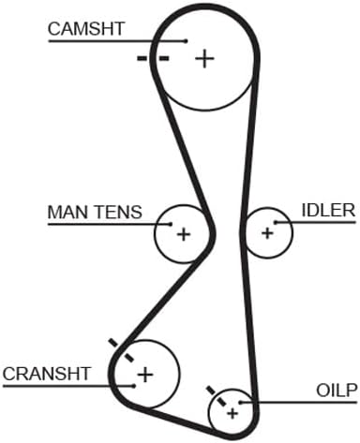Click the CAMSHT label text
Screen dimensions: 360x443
(x=86, y=28)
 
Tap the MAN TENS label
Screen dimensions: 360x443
(x=95, y=212)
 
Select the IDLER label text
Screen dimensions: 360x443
(x=328, y=210)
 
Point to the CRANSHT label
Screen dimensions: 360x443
(x=47, y=374)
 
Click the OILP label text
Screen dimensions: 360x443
(x=337, y=391)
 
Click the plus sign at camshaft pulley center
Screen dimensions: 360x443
(x=204, y=58)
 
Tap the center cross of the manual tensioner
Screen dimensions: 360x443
(x=184, y=234)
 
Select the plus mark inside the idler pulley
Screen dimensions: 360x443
(x=267, y=233)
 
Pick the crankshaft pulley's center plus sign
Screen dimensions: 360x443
(x=145, y=375)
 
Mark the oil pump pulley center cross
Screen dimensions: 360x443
(x=232, y=414)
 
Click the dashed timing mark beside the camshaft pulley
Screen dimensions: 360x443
(x=153, y=58)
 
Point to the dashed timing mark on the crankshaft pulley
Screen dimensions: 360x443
(x=121, y=350)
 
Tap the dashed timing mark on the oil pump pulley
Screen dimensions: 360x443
(x=217, y=396)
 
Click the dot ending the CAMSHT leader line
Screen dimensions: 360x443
(x=186, y=41)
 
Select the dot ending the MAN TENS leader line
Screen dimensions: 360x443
(x=171, y=224)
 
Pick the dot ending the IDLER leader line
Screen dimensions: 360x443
(x=276, y=222)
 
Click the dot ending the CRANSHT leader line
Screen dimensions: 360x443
(x=134, y=386)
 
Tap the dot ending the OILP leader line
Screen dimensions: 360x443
(x=240, y=402)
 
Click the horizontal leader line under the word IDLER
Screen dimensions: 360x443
(x=315, y=222)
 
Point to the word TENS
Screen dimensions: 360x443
(x=118, y=212)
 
